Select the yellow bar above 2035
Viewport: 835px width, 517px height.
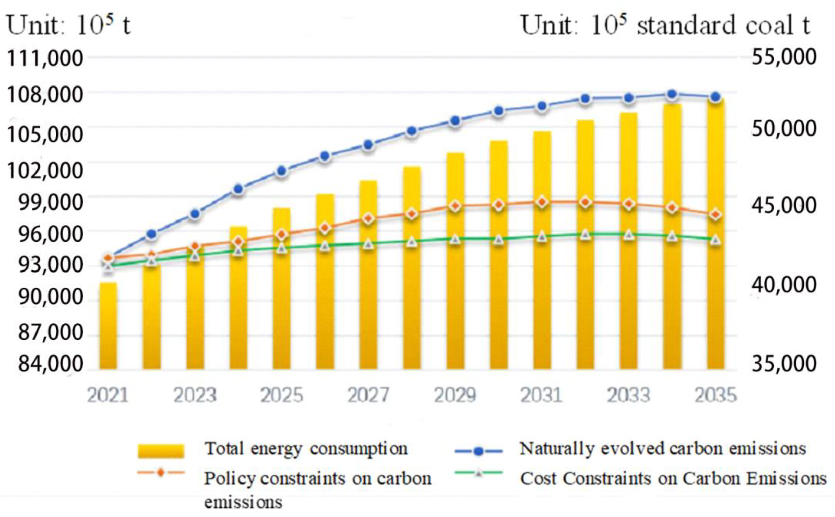(x=715, y=239)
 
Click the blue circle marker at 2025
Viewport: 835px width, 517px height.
(x=282, y=171)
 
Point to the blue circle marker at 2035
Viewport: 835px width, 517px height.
(x=715, y=97)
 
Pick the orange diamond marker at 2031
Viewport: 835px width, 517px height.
(x=542, y=202)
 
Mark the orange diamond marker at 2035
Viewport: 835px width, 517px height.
(x=715, y=215)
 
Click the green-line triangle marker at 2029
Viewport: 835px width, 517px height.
(x=455, y=239)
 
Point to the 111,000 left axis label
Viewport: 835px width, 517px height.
(x=45, y=58)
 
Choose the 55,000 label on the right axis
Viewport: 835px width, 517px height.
(x=784, y=56)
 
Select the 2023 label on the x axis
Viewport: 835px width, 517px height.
(x=195, y=395)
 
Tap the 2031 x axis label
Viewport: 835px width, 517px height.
(x=542, y=395)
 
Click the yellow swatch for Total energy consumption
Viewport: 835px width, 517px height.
(x=161, y=451)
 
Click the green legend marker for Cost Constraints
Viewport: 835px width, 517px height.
(x=479, y=473)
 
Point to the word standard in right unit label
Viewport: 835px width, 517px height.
(x=686, y=26)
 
